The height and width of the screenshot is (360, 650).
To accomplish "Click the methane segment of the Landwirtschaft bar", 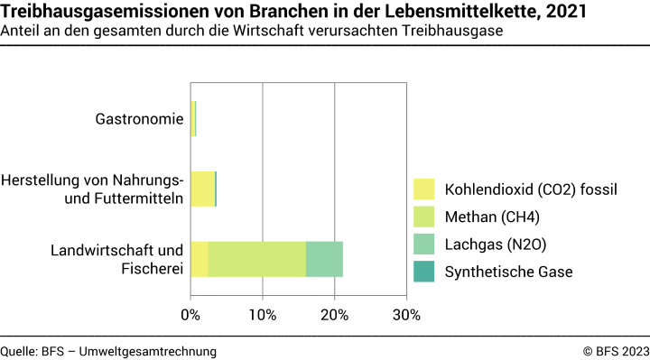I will tap(257, 259).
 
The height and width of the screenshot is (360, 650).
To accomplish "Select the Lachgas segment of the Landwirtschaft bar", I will tap(324, 259).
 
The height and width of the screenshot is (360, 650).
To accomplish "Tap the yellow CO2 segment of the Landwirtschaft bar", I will tap(200, 259).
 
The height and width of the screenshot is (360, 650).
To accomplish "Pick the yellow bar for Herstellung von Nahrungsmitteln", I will tap(202, 189).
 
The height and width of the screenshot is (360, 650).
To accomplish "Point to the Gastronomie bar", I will tap(193, 119).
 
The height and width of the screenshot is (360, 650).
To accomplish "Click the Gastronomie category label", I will tap(140, 119).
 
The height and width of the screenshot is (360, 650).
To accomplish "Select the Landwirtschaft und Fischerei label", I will tap(117, 259).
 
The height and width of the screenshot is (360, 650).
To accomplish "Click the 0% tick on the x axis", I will tap(190, 315).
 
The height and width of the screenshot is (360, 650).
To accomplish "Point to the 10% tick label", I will tap(263, 315).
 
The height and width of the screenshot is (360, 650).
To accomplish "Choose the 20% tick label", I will tap(335, 315).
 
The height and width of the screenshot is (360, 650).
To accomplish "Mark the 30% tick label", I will tap(406, 315).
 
